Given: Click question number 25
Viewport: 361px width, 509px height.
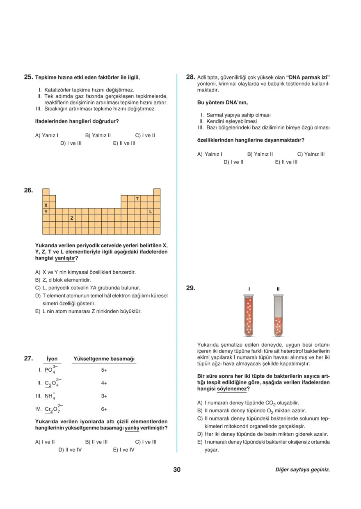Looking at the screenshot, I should [x=28, y=77].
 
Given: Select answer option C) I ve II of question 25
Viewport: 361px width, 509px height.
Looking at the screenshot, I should [x=145, y=135].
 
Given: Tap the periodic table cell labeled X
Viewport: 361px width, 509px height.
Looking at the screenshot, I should [x=46, y=205].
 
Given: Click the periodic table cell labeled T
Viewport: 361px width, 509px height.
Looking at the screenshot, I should [x=137, y=198].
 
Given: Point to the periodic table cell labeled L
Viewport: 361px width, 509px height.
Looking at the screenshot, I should [x=151, y=211].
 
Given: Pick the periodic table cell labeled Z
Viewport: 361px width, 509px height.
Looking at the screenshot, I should [x=72, y=218].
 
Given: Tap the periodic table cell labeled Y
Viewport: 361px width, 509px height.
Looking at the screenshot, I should [x=46, y=211].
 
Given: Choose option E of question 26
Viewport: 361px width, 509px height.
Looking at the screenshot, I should [x=88, y=311].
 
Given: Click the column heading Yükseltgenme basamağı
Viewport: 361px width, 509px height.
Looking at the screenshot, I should [x=104, y=359].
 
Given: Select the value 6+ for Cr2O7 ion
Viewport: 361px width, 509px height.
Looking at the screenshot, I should [x=104, y=409].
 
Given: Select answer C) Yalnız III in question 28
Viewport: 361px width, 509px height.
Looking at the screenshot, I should [x=311, y=154].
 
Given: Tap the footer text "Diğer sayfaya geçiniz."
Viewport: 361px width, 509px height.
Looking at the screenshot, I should [x=302, y=470].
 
